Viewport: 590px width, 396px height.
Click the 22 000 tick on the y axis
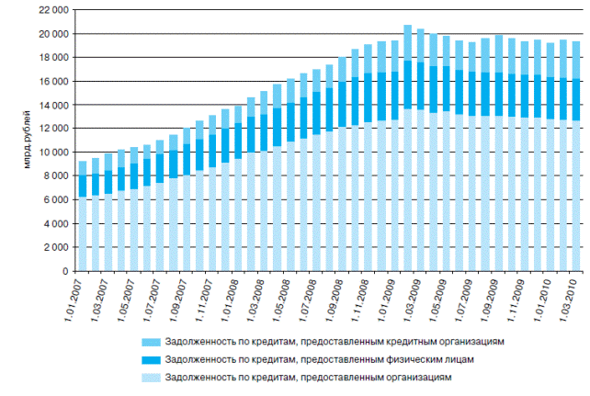click(55, 9)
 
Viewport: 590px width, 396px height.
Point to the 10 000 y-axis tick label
click(55, 153)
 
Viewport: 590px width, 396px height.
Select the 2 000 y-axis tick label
click(57, 248)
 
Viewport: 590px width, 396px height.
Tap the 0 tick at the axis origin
click(65, 272)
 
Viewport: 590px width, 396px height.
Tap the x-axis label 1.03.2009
click(418, 297)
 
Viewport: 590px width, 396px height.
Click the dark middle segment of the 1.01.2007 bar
click(82, 185)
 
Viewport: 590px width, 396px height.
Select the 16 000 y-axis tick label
click(55, 81)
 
